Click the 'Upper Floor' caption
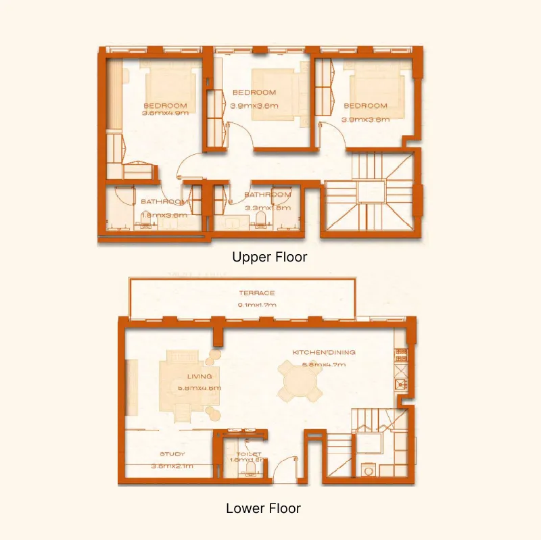coord(269,257)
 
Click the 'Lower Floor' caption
coord(263,508)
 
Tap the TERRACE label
coord(256,293)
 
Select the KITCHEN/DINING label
coord(323,353)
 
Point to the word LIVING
coord(199,376)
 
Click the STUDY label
coord(172,454)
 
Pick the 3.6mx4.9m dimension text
coord(165,114)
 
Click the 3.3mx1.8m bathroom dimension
coord(267,207)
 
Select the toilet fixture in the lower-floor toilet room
coord(252,467)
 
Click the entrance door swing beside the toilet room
coord(284,467)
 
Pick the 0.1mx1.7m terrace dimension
coord(256,305)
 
